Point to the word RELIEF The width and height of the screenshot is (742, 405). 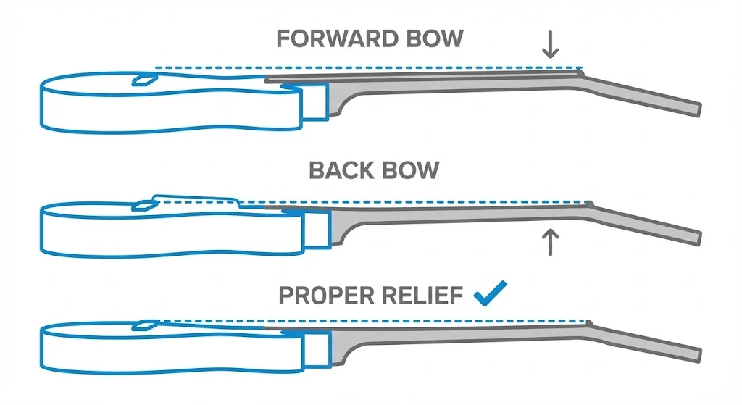tap(422, 296)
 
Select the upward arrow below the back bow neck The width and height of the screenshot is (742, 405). tap(551, 241)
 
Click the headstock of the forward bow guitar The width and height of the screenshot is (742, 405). tap(645, 92)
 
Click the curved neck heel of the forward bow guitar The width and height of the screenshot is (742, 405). tap(341, 100)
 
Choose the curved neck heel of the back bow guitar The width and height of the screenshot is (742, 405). tap(341, 226)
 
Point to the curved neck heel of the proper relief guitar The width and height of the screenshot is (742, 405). tap(341, 346)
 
